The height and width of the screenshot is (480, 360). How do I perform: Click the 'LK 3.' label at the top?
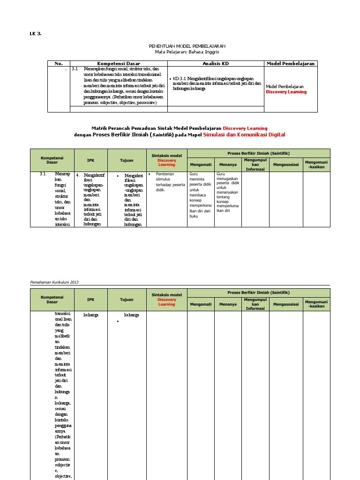(36, 33)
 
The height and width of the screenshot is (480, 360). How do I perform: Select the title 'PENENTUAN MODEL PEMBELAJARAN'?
(187, 46)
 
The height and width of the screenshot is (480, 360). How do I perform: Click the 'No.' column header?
(59, 63)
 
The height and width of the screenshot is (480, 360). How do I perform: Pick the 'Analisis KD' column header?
(216, 63)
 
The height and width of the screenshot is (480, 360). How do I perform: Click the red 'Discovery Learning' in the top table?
(286, 92)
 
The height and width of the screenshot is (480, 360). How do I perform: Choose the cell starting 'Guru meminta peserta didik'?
(200, 195)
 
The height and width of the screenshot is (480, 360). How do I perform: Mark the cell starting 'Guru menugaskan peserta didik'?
(227, 192)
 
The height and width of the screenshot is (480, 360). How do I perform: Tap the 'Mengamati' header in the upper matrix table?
(201, 165)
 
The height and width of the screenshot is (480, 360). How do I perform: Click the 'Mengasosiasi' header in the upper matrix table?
(285, 165)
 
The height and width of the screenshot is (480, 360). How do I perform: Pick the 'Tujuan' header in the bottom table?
(127, 300)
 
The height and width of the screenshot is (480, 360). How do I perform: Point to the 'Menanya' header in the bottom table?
(228, 304)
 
